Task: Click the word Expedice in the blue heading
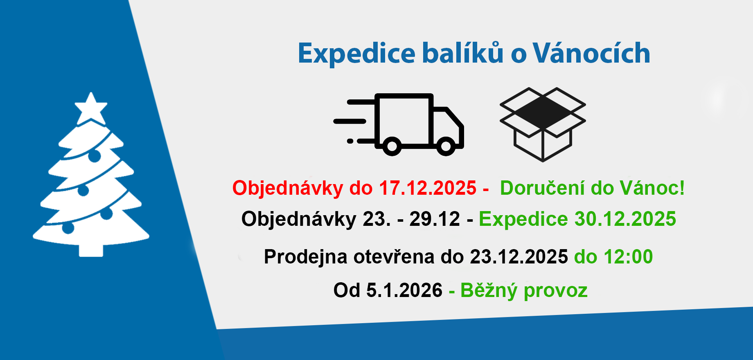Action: click(356, 54)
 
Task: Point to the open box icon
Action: click(543, 124)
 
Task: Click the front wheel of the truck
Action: click(446, 146)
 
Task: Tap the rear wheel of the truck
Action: click(392, 146)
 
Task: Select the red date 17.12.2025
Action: click(428, 188)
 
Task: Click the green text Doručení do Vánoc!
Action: click(592, 188)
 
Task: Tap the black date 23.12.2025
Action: click(519, 257)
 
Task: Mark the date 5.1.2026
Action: click(404, 290)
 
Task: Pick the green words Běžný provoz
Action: click(524, 290)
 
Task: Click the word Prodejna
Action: click(306, 257)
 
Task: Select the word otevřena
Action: click(394, 257)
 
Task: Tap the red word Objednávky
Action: click(288, 188)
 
